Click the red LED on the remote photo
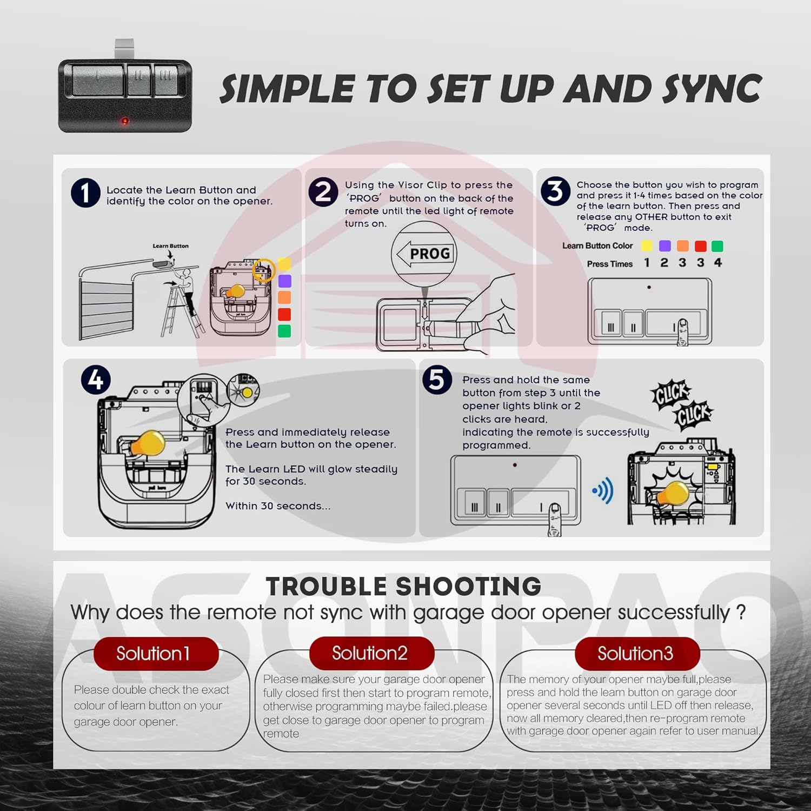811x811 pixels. [x=125, y=121]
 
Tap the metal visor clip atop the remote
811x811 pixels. [x=124, y=49]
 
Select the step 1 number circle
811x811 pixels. [x=85, y=193]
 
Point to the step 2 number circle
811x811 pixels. [x=323, y=191]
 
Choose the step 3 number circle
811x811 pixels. [x=555, y=191]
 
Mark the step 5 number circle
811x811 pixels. [x=437, y=380]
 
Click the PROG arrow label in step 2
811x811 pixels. [x=424, y=254]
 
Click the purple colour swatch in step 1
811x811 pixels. [x=284, y=281]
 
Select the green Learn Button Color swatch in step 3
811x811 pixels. [x=717, y=246]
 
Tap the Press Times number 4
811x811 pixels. [x=718, y=263]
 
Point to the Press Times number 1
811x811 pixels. [x=647, y=263]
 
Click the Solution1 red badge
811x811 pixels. [x=156, y=654]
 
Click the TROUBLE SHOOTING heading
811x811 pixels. [x=403, y=587]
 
